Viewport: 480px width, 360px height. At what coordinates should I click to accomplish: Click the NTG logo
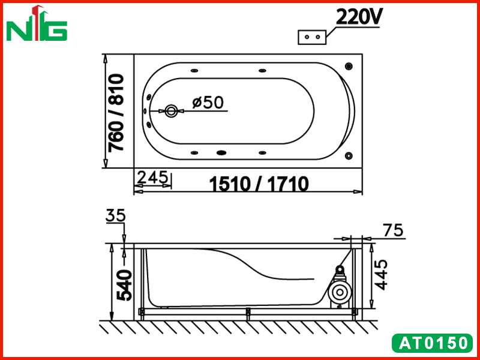37,23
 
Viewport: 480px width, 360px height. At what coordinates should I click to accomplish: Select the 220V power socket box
312,37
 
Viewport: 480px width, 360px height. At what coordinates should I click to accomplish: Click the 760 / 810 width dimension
116,113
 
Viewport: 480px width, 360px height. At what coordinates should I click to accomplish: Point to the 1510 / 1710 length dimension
259,184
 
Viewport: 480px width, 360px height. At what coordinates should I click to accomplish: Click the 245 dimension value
152,178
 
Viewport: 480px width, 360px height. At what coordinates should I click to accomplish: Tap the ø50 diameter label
208,103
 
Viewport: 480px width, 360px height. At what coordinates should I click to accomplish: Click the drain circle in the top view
171,111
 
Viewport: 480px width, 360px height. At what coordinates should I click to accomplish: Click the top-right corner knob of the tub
349,66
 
